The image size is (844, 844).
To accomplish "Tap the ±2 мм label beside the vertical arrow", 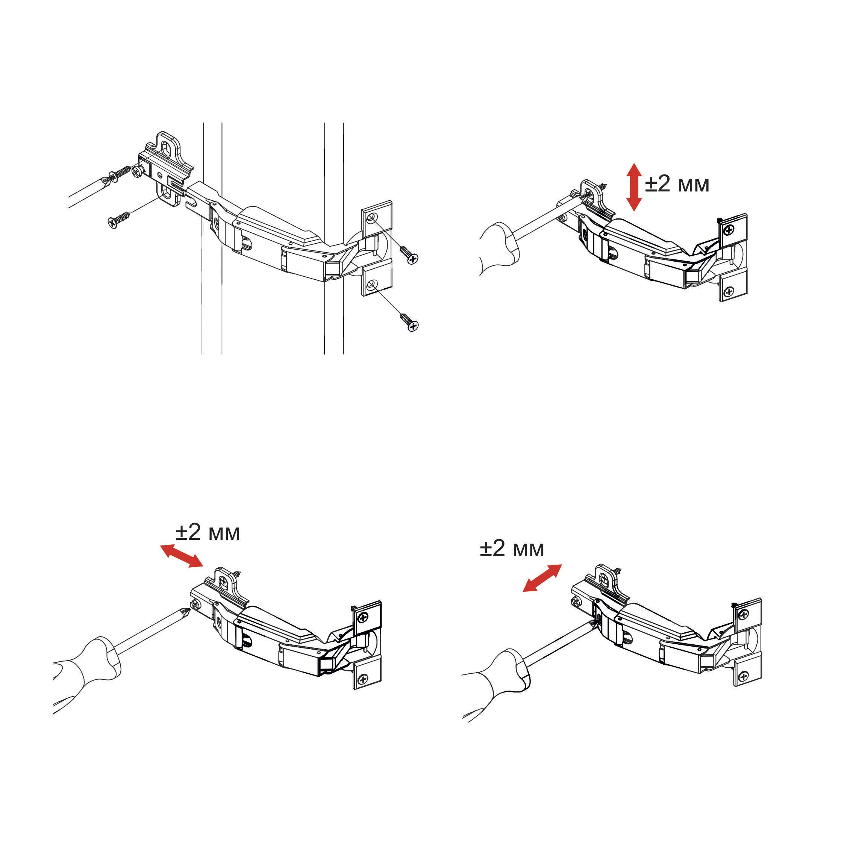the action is click(x=677, y=184).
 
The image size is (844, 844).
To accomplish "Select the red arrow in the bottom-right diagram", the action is click(x=542, y=577).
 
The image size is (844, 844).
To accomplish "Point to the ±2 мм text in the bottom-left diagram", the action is click(x=208, y=532).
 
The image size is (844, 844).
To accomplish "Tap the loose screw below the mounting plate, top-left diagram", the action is click(x=118, y=220).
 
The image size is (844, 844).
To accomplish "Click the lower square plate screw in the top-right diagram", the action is click(x=729, y=291).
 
